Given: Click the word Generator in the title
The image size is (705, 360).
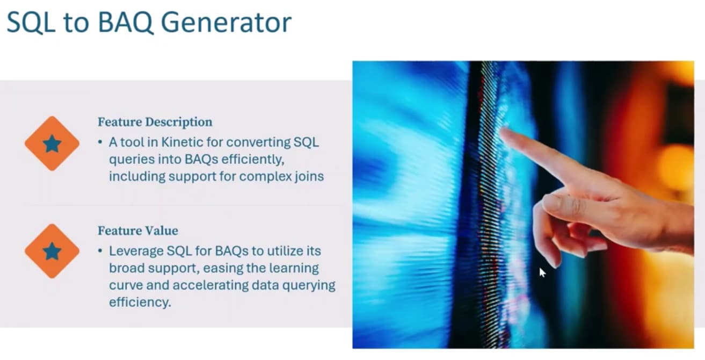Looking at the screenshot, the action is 226,23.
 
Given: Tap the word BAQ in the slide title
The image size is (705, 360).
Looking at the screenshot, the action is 126,23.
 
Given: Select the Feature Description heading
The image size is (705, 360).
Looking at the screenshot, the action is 155,122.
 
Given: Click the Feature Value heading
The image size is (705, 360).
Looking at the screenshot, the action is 138,231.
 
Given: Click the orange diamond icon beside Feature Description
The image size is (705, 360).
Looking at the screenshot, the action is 52,143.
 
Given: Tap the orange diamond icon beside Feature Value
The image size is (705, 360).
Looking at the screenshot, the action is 52,251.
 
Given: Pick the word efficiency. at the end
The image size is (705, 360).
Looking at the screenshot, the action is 140,302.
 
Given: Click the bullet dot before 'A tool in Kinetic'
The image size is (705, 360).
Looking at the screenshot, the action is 100,142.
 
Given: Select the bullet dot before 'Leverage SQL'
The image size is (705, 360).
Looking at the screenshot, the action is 100,251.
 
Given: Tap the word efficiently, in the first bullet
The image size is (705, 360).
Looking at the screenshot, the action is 253,160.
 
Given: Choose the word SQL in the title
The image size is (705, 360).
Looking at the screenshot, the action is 31,23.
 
